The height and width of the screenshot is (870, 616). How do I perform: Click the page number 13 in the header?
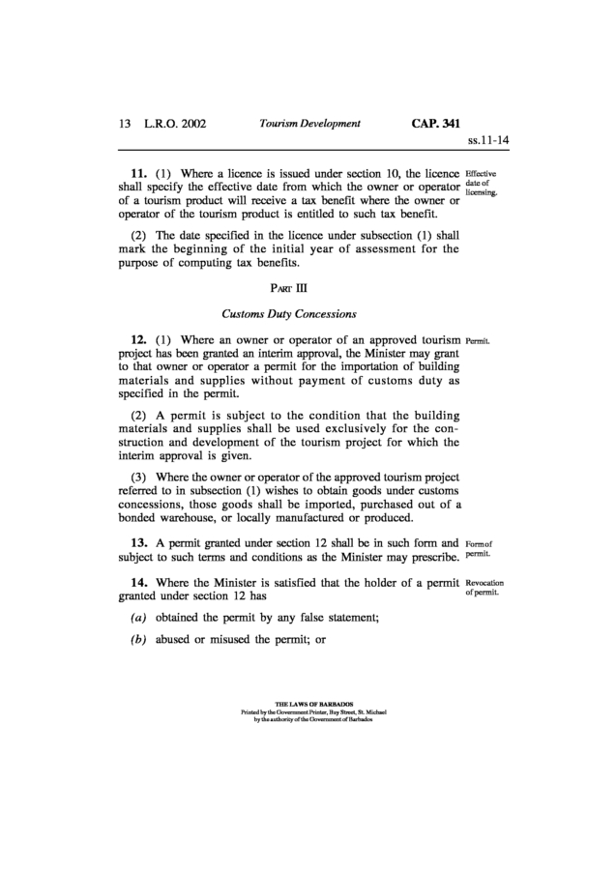124,124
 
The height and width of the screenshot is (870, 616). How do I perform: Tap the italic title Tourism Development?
309,124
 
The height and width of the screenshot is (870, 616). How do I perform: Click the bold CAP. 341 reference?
436,124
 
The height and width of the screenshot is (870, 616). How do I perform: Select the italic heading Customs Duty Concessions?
290,314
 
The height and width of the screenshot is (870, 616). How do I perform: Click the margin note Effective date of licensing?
482,183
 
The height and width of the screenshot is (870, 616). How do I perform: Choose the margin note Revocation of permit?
486,590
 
